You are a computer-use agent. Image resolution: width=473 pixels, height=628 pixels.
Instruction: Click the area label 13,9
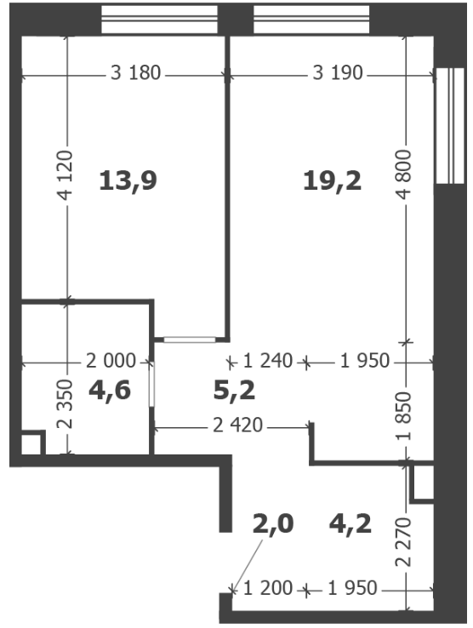[x=128, y=180]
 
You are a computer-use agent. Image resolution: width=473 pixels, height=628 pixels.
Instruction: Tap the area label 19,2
[x=333, y=180]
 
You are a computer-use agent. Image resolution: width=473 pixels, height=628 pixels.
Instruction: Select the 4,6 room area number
[x=110, y=390]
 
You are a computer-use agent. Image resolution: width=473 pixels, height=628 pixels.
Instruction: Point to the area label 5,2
[x=234, y=391]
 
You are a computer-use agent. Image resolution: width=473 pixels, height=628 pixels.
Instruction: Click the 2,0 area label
[x=273, y=524]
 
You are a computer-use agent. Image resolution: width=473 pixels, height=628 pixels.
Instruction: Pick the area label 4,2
[x=350, y=524]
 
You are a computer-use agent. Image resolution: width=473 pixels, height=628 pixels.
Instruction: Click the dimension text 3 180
[x=135, y=73]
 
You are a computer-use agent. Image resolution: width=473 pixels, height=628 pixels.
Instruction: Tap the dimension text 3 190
[x=338, y=73]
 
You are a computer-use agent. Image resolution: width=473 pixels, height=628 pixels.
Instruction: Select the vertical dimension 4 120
[x=66, y=175]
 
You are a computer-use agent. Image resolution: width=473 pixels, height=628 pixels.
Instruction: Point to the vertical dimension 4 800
[x=404, y=174]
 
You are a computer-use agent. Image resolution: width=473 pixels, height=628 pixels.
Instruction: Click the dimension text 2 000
[x=111, y=362]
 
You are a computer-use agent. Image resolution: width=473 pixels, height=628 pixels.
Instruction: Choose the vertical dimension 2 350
[x=66, y=403]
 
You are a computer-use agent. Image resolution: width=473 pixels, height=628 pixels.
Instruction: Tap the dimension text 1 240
[x=268, y=361]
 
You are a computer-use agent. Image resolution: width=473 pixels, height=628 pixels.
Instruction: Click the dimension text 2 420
[x=237, y=425]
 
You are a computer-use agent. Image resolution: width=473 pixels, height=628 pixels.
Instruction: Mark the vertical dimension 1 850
[x=404, y=416]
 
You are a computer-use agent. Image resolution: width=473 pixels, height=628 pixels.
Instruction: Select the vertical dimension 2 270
[x=404, y=542]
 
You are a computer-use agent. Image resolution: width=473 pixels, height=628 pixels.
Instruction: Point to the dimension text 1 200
[x=268, y=588]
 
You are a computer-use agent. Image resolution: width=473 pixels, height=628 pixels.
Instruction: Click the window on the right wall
[x=450, y=126]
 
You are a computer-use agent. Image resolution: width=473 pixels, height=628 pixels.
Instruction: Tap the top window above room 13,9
[x=159, y=20]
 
